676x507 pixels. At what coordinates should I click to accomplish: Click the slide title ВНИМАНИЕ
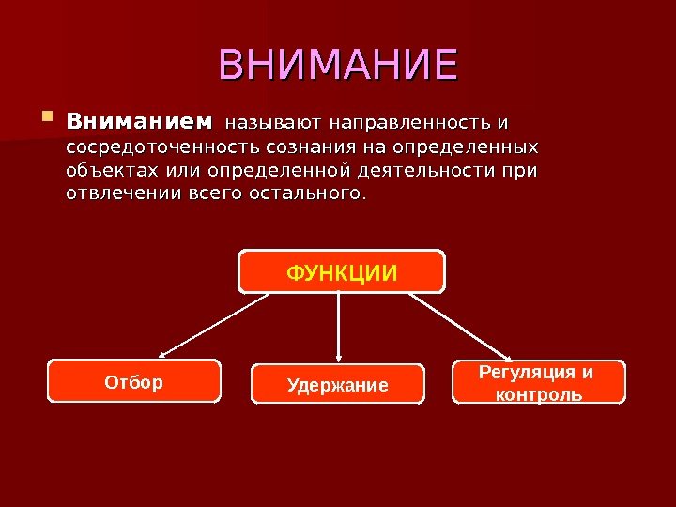coord(338,65)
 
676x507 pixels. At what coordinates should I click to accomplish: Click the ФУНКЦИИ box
coord(341,271)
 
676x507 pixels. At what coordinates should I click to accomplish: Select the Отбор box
coord(134,381)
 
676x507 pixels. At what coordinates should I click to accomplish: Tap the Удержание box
coord(337,384)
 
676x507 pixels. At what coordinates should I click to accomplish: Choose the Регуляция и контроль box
coord(538,382)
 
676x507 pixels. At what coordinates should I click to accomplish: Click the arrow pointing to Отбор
coord(216,324)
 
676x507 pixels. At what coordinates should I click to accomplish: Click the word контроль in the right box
coord(538,393)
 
